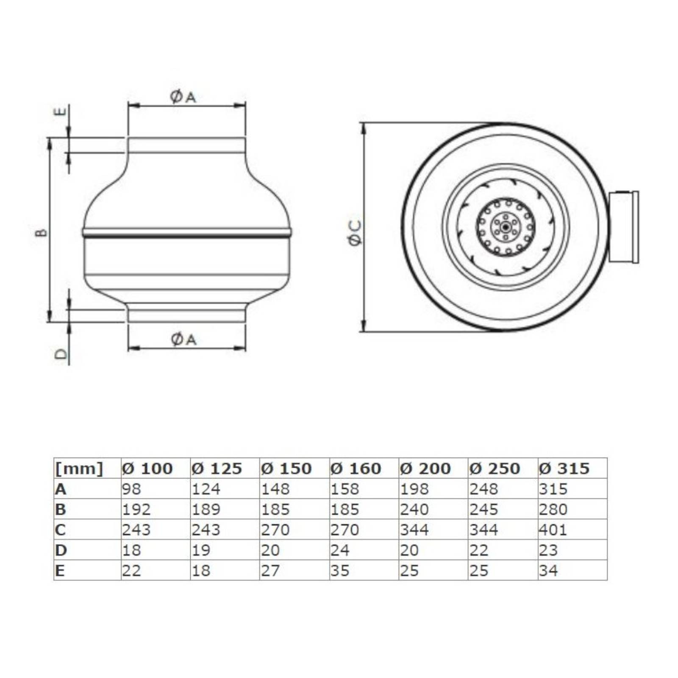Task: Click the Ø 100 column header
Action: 147,468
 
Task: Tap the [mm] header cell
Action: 79,469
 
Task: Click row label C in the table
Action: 60,530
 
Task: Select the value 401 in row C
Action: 553,530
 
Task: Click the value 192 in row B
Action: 136,509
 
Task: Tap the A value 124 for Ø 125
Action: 206,489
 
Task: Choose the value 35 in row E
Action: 340,571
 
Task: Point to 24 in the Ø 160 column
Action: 340,550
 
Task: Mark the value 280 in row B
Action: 553,509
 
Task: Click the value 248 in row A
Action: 483,489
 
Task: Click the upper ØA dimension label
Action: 183,97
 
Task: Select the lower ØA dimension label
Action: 183,339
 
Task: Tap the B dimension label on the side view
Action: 42,232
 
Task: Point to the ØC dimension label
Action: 355,233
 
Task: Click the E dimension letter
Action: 61,111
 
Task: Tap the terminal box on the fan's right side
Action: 623,227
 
